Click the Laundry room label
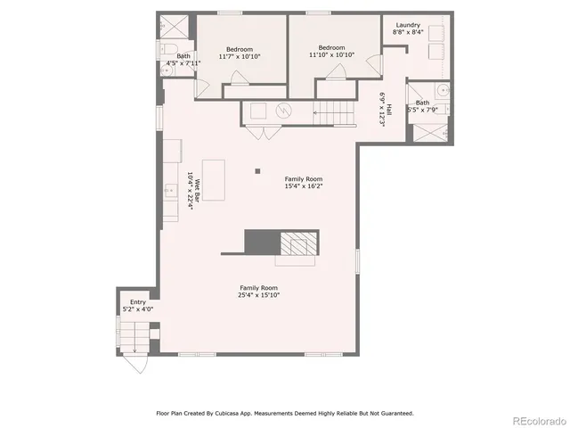coord(408,25)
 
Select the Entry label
coord(138,302)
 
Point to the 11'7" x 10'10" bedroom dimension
coord(239,55)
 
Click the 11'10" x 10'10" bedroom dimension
coord(331,54)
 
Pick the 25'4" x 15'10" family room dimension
coord(258,295)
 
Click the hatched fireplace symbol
coord(297,242)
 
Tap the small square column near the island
coord(257,170)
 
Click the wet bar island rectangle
coord(214,179)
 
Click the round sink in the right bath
coord(442,91)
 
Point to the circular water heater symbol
coord(283,111)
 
